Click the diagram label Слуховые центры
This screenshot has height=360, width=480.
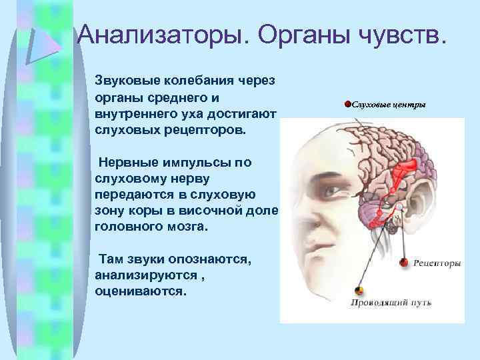pos(389,105)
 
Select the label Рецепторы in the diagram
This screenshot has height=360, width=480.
pos(437,263)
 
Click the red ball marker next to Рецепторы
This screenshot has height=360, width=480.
pos(403,263)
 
